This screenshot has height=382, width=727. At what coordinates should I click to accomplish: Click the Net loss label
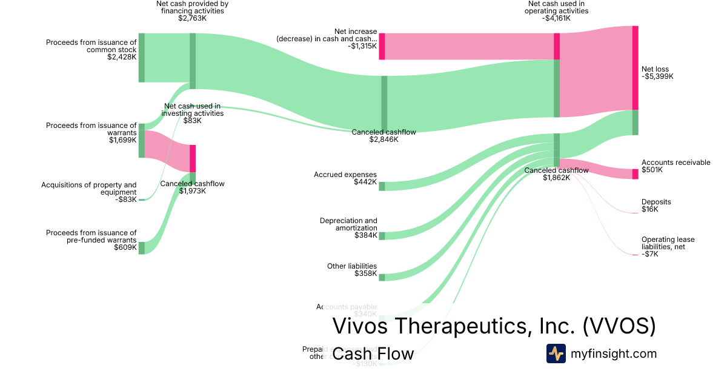tap(655, 69)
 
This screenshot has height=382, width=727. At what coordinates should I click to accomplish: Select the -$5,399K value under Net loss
tap(657, 76)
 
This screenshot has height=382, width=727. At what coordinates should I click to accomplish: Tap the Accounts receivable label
tap(676, 163)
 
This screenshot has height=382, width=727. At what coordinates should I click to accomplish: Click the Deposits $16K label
tap(656, 206)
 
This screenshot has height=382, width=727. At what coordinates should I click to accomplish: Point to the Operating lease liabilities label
tap(668, 243)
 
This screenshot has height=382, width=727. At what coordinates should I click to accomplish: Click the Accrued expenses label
tap(345, 175)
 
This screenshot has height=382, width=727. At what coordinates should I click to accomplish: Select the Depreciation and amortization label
tap(348, 224)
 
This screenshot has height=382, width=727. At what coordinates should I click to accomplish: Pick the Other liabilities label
tap(352, 266)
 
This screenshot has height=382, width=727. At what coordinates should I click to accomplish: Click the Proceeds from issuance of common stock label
tap(91, 46)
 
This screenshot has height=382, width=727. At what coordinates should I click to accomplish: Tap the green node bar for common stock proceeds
tap(142, 58)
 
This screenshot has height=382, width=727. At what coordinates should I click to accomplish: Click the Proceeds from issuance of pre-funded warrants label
tap(91, 236)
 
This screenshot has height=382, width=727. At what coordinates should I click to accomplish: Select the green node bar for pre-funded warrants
tap(142, 247)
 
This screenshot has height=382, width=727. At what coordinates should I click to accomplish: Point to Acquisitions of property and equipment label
tap(89, 189)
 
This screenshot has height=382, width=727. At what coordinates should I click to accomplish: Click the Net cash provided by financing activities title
tap(192, 7)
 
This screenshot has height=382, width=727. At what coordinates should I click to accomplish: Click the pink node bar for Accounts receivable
tap(635, 174)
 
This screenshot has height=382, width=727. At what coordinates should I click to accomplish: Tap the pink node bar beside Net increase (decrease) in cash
tap(382, 47)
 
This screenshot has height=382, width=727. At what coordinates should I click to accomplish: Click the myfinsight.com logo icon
tap(556, 354)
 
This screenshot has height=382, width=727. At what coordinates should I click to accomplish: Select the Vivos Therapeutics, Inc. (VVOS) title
tap(494, 326)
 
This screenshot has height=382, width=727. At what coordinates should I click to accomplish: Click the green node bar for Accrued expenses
tap(382, 186)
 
